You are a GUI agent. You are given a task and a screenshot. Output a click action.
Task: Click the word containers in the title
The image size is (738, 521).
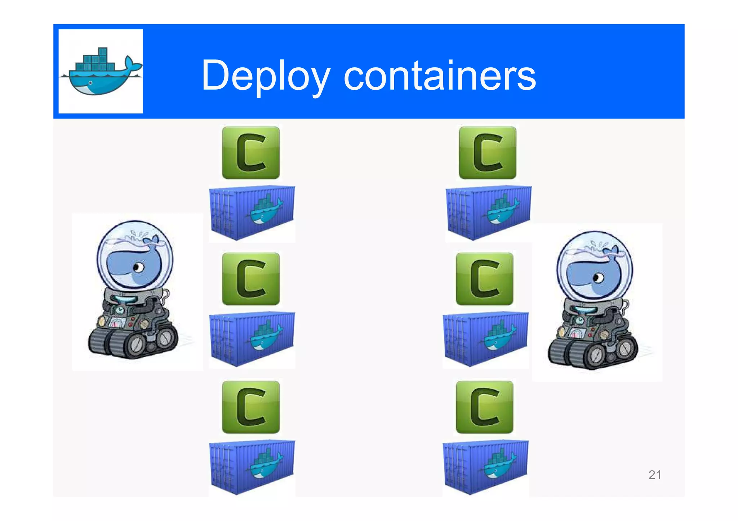click(440, 76)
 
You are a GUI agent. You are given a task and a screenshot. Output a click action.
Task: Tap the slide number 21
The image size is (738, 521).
click(654, 475)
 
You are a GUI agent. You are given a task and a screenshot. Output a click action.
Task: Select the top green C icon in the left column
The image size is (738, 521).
click(251, 153)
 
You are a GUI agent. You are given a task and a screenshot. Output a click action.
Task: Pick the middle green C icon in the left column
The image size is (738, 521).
click(251, 279)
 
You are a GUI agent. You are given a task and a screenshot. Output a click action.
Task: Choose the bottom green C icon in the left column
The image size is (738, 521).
click(251, 407)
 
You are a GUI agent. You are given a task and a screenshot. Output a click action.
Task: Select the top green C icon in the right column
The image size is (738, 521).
click(487, 153)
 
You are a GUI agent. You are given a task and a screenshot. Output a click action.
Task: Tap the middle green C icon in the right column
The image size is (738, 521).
click(484, 279)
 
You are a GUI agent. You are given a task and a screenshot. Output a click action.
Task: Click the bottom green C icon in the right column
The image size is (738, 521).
click(484, 407)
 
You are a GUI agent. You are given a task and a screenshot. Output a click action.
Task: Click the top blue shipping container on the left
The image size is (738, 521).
click(252, 212)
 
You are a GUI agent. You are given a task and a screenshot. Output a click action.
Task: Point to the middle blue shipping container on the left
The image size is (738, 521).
click(252, 339)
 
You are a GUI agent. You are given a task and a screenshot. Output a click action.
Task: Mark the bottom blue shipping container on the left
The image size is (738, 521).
click(252, 467)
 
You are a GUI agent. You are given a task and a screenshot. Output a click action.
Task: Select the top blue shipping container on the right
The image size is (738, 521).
click(488, 212)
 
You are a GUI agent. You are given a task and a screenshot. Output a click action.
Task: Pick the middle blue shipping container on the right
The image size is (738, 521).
click(485, 339)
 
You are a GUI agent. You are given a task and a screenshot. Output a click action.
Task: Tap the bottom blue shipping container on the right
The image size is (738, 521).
click(485, 467)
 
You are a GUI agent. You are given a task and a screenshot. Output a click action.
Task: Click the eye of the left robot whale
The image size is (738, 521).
click(138, 268)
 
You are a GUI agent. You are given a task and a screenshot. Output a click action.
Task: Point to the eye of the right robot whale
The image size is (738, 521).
click(598, 278)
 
